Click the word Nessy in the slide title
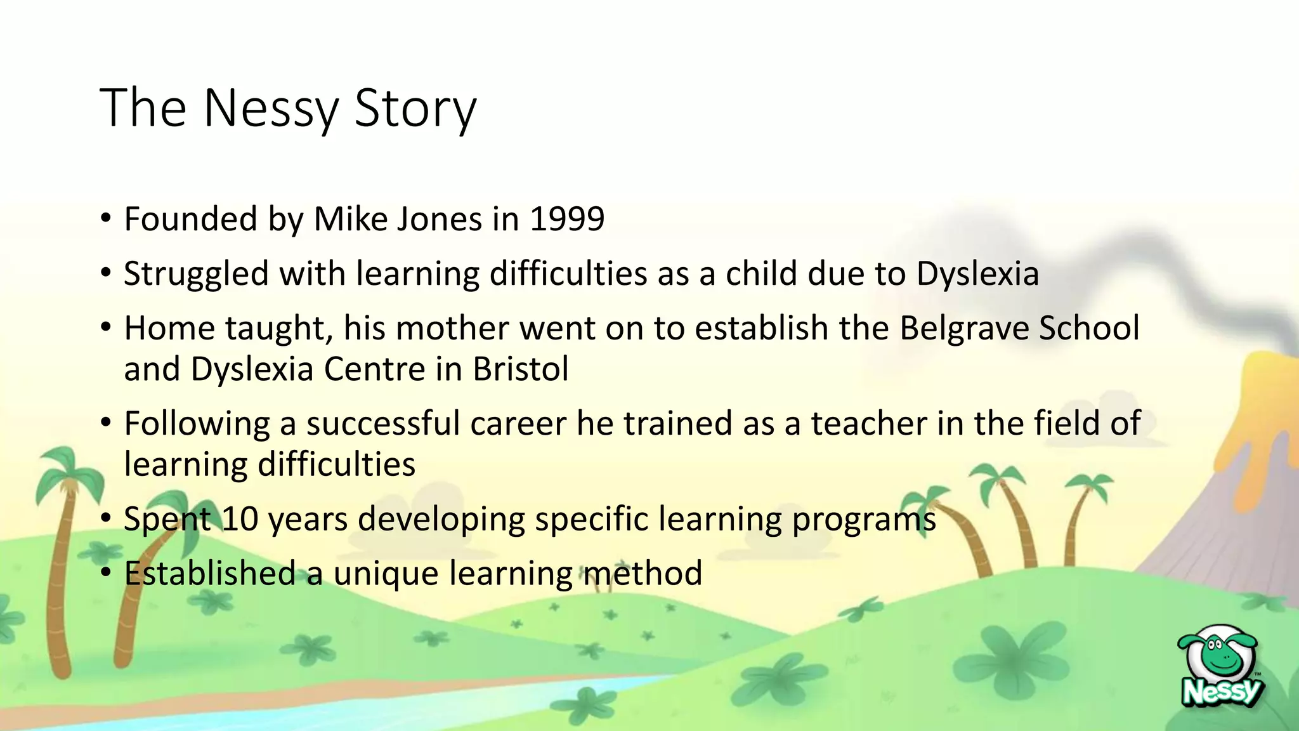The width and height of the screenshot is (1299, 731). click(271, 109)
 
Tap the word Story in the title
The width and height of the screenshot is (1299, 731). click(415, 109)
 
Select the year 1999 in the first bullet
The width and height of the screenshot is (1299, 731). click(567, 220)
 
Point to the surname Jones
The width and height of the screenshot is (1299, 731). click(440, 220)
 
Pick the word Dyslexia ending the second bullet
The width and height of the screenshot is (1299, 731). click(977, 274)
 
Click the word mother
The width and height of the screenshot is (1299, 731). click(452, 329)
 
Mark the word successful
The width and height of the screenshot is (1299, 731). click(383, 423)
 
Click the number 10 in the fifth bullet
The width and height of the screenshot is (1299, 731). click(240, 519)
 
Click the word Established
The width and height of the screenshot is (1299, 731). click(210, 573)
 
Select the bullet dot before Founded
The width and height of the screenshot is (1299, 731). click(106, 220)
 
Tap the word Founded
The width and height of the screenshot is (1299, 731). click(190, 220)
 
